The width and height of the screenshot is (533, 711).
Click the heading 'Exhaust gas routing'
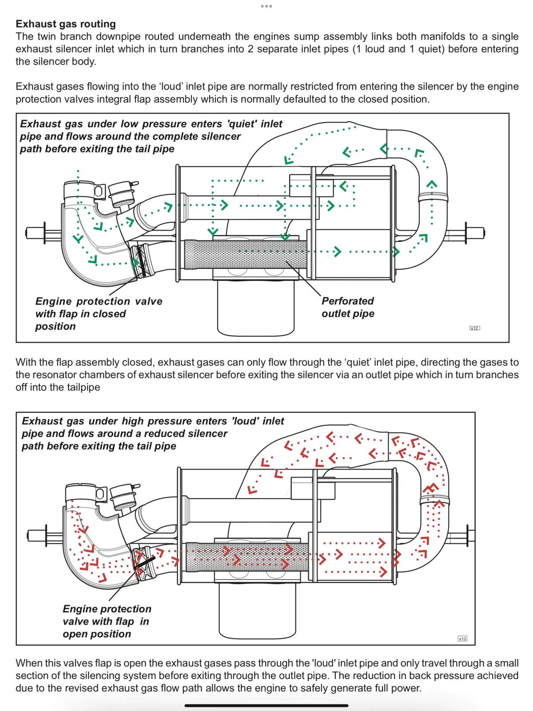point(66,24)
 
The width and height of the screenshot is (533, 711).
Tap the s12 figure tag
point(474,328)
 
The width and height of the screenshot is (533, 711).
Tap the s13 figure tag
point(462,639)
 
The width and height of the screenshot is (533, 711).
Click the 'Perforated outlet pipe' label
point(348,307)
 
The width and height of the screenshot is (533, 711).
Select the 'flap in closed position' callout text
point(99,314)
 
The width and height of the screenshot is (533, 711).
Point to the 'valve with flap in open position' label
point(107,621)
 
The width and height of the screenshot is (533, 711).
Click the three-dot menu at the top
point(266,6)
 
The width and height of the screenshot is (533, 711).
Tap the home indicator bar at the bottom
point(266,705)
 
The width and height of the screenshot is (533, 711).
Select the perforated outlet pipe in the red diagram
point(247,557)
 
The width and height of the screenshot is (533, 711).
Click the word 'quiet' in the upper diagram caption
point(242,124)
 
